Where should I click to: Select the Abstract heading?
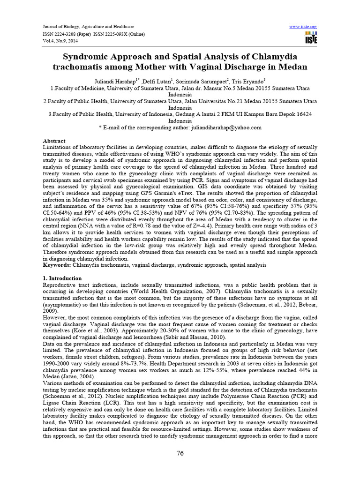click(x=54, y=141)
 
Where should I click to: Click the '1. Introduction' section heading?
click(x=62, y=278)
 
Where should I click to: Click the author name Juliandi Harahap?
click(x=123, y=80)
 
